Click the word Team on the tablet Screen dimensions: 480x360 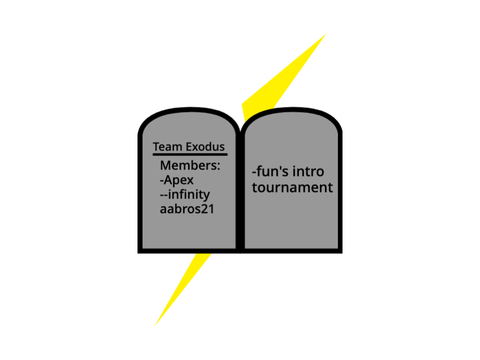click(x=167, y=147)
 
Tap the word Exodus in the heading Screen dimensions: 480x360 click(x=205, y=147)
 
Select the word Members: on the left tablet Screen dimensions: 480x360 click(x=190, y=165)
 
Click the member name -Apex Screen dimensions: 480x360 click(x=177, y=180)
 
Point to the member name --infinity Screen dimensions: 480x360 click(x=185, y=195)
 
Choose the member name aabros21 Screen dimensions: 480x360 click(x=187, y=209)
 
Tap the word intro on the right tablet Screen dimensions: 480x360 click(x=308, y=172)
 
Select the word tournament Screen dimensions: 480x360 click(x=292, y=187)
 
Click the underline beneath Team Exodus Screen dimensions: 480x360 click(x=190, y=154)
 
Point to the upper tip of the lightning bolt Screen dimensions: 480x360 click(x=326, y=34)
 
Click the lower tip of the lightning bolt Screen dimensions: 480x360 click(x=155, y=325)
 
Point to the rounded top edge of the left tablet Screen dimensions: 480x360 click(x=190, y=110)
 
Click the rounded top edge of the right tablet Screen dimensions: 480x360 click(x=293, y=110)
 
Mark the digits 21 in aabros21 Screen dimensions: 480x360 click(x=208, y=209)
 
